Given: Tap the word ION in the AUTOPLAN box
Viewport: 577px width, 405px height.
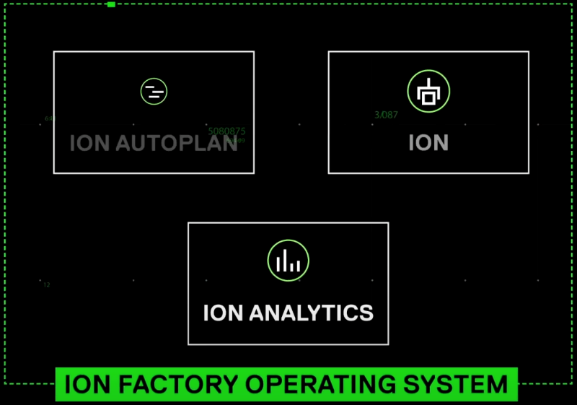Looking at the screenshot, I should [x=88, y=143].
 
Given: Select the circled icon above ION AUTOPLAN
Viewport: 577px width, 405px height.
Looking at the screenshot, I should [x=154, y=91].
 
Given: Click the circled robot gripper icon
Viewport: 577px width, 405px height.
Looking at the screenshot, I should [x=428, y=92].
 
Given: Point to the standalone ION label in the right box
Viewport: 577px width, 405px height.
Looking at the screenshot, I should [x=428, y=143].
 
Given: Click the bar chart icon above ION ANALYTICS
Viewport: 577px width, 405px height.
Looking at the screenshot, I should [x=288, y=261].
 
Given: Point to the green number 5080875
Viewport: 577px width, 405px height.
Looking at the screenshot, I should [x=226, y=131].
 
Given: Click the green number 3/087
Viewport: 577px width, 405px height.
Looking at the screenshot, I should [x=387, y=115].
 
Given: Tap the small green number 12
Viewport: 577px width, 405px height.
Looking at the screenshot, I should [x=47, y=285].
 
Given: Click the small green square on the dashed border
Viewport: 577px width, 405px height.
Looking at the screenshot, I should [x=111, y=4].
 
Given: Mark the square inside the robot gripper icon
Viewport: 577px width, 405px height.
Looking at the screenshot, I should [x=428, y=97].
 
